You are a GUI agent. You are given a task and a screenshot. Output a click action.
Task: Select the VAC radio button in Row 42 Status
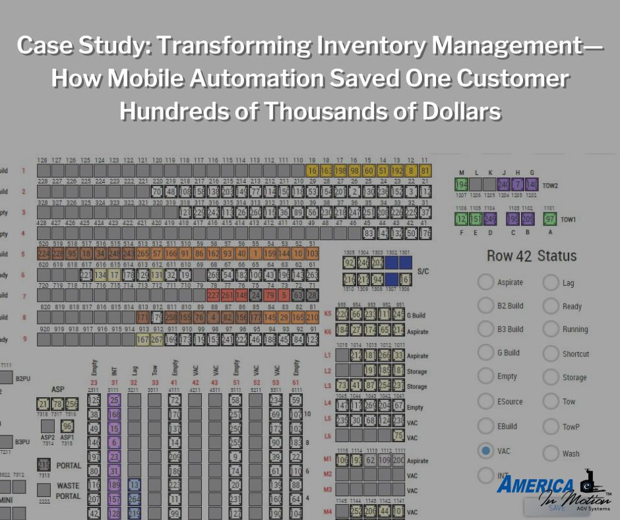click(x=485, y=451)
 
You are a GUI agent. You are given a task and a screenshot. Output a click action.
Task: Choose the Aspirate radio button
click(x=485, y=282)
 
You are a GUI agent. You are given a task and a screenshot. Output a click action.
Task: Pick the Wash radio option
click(x=551, y=453)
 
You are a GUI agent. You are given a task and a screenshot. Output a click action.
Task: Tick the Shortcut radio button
click(x=551, y=354)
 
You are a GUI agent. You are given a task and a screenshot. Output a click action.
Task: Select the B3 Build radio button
click(x=485, y=329)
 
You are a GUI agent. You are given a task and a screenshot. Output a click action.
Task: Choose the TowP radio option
click(x=551, y=427)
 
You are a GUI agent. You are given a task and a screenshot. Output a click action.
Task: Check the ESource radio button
click(x=485, y=401)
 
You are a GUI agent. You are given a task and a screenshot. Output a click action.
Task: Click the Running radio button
click(x=551, y=329)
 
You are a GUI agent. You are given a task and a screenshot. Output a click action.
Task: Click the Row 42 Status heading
click(x=531, y=256)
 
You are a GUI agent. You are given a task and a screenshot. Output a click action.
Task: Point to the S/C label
click(x=423, y=271)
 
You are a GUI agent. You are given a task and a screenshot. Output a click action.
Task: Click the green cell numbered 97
click(x=550, y=219)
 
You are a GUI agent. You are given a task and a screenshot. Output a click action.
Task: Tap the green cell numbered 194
click(x=461, y=185)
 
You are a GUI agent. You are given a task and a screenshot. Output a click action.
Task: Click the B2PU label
click(x=23, y=379)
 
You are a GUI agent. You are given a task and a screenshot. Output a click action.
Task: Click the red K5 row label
click(x=328, y=313)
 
